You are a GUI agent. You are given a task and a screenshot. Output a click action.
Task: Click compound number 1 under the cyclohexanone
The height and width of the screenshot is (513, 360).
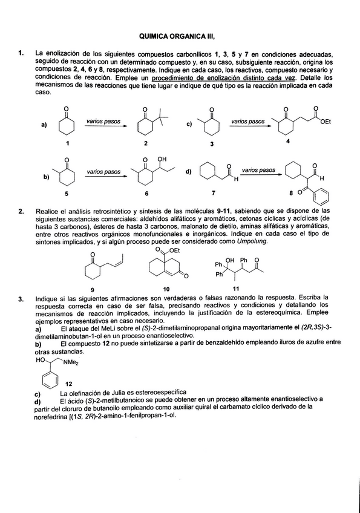pyautogui.click(x=67, y=144)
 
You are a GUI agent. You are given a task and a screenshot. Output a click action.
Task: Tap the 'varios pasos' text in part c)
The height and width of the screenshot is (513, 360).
pyautogui.click(x=247, y=122)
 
